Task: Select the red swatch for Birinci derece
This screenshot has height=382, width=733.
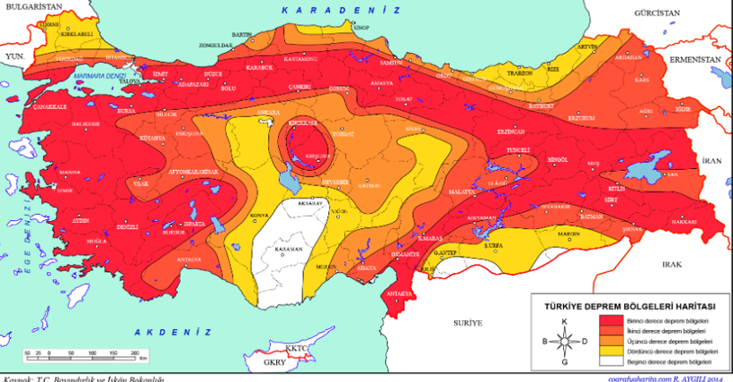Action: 611,319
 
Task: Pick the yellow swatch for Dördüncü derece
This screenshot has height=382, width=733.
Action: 611,352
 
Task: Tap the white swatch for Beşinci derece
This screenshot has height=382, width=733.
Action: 611,362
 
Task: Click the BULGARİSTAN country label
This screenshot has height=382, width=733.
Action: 30,6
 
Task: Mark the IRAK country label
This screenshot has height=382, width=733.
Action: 671,266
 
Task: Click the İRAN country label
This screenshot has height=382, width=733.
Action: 711,160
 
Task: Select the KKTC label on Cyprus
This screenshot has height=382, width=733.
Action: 296,347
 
